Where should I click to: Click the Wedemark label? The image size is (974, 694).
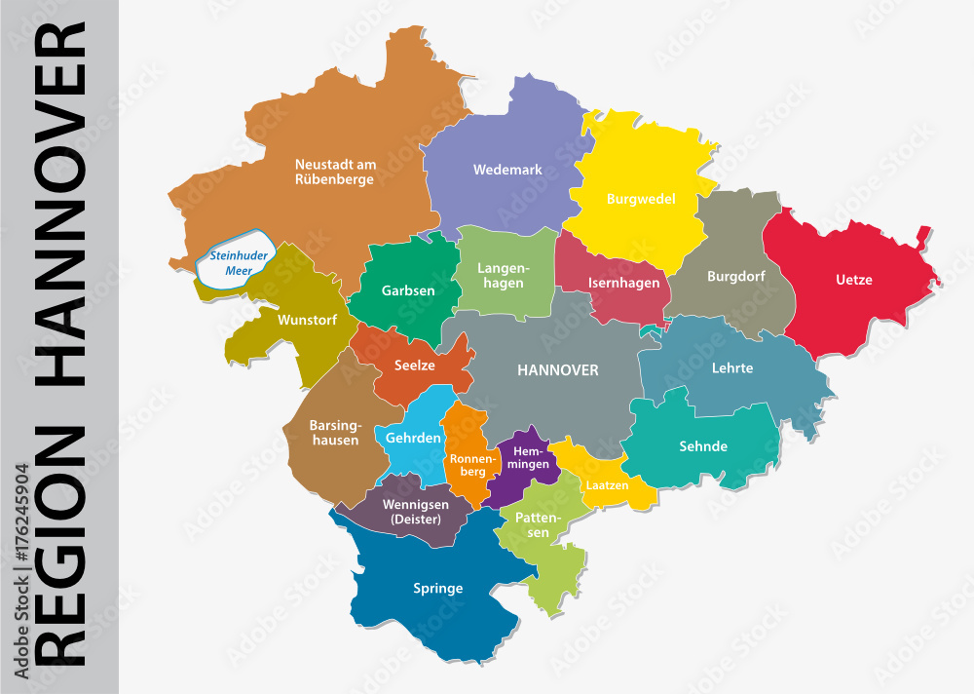click(507, 170)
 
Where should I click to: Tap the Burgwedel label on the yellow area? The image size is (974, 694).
click(640, 199)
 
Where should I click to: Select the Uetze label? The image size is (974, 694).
click(853, 280)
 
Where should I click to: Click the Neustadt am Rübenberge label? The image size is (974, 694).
click(334, 172)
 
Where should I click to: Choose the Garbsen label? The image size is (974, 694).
click(408, 290)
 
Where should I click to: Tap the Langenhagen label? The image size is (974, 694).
click(503, 276)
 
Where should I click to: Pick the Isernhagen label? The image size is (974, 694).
click(623, 284)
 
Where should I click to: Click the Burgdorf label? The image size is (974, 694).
click(735, 276)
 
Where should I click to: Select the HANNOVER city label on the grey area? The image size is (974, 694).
click(557, 370)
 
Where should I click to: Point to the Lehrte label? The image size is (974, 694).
click(732, 368)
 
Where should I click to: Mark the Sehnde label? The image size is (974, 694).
click(703, 446)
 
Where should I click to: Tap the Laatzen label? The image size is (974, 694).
click(606, 484)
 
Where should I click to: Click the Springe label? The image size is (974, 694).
click(437, 588)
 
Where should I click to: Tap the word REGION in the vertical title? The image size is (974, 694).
click(60, 547)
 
